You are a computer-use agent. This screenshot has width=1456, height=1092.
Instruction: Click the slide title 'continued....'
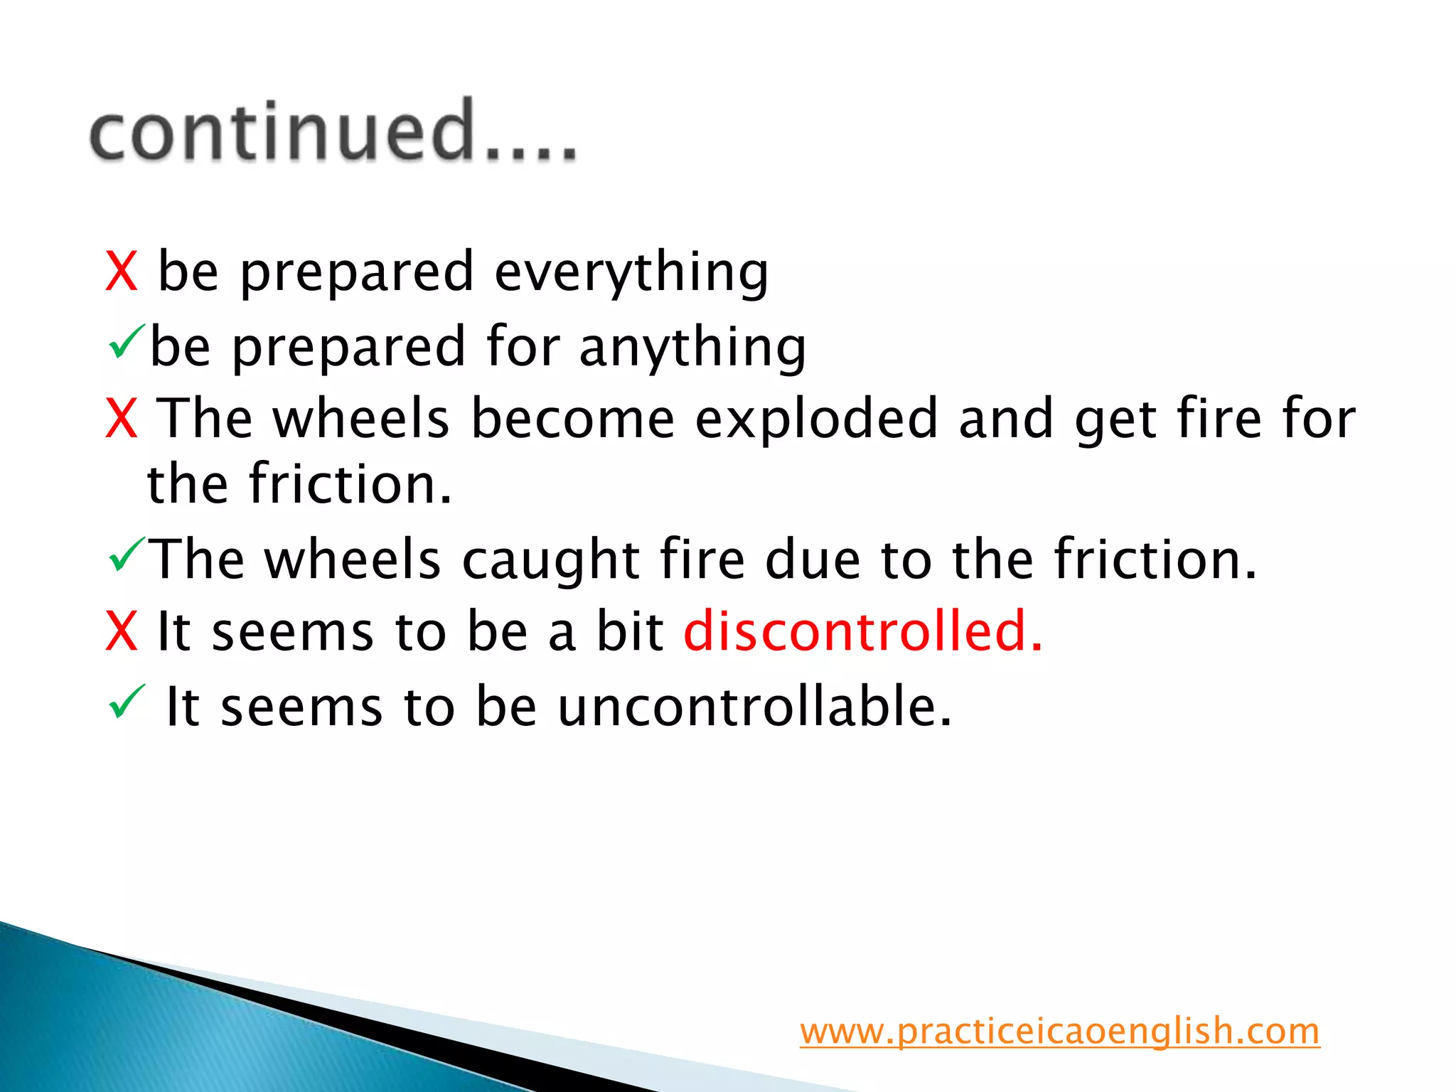point(333,132)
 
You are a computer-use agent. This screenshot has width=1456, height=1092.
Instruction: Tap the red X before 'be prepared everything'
point(121,272)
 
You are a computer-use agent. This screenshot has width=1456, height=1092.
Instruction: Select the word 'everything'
point(631,273)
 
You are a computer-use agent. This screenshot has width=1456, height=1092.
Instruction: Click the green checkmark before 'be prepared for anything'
point(127,341)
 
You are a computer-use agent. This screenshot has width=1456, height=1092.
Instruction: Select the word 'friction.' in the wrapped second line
point(350,484)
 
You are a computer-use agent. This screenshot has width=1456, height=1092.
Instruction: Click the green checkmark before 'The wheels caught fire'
point(127,555)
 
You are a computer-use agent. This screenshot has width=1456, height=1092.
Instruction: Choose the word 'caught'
point(550,560)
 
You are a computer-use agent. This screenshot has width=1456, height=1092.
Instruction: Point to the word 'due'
point(813,560)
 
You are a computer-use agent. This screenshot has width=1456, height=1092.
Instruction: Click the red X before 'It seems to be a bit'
point(121,631)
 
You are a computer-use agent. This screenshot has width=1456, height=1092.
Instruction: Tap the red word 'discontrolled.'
point(863,631)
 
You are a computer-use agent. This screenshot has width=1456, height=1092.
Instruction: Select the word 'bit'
point(629,631)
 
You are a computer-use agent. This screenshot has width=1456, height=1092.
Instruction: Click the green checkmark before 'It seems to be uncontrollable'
point(127,702)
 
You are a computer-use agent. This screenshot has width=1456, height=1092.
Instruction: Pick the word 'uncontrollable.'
point(754,707)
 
